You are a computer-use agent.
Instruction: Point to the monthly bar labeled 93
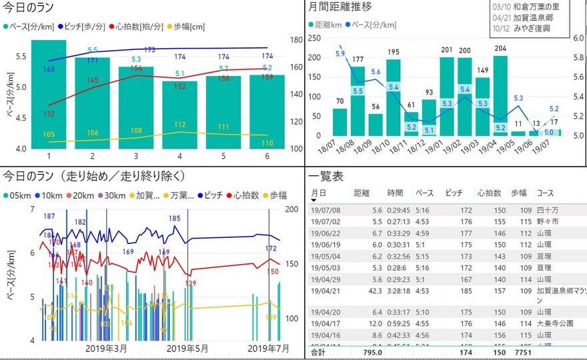pyautogui.click(x=429, y=117)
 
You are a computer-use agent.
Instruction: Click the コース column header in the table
pyautogui.click(x=545, y=193)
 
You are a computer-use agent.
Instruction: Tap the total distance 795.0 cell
pyautogui.click(x=372, y=352)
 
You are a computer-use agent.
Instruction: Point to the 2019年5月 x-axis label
pyautogui.click(x=189, y=348)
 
